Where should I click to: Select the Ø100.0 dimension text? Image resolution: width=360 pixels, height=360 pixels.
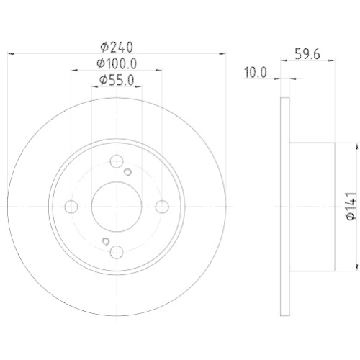tap(116, 64)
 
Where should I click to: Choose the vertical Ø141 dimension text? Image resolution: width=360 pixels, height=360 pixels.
tap(350, 206)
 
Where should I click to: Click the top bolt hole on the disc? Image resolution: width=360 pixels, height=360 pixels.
tap(116, 163)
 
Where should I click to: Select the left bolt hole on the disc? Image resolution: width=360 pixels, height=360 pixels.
tap(71, 207)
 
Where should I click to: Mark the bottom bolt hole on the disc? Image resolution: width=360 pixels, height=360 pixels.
tap(116, 252)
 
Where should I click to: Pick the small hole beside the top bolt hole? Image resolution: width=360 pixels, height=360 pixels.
tap(127, 171)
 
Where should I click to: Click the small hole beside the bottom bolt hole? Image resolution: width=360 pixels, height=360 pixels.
tap(104, 241)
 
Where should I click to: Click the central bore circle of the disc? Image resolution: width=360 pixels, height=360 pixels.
tap(116, 207)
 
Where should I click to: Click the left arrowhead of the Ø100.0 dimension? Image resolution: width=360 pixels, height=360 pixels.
tap(73, 71)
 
